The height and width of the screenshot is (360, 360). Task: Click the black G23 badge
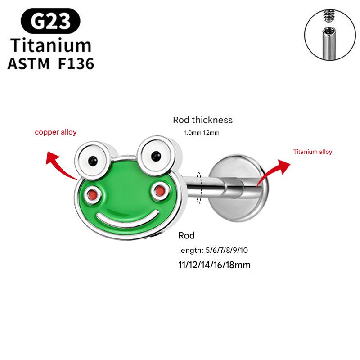(x=50, y=22)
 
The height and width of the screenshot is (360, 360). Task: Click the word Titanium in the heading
(x=50, y=45)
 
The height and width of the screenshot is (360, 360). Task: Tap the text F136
(x=76, y=63)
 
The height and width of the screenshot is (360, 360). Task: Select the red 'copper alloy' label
(x=56, y=132)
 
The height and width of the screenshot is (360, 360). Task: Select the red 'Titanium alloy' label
(x=312, y=152)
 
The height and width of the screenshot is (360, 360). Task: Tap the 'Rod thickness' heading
(x=202, y=120)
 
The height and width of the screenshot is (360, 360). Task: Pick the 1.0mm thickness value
(x=193, y=133)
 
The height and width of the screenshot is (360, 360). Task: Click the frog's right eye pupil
(x=156, y=156)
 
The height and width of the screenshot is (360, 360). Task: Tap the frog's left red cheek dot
(x=93, y=194)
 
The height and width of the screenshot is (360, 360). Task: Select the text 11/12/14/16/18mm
(x=214, y=265)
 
